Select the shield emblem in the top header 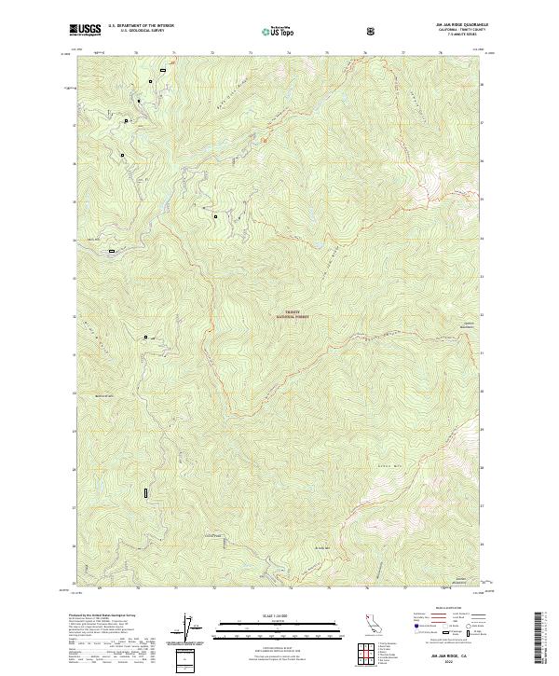(x=374, y=31)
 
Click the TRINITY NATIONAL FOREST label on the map (x=291, y=315)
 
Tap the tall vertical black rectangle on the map (x=145, y=490)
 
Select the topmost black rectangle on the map (x=163, y=69)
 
